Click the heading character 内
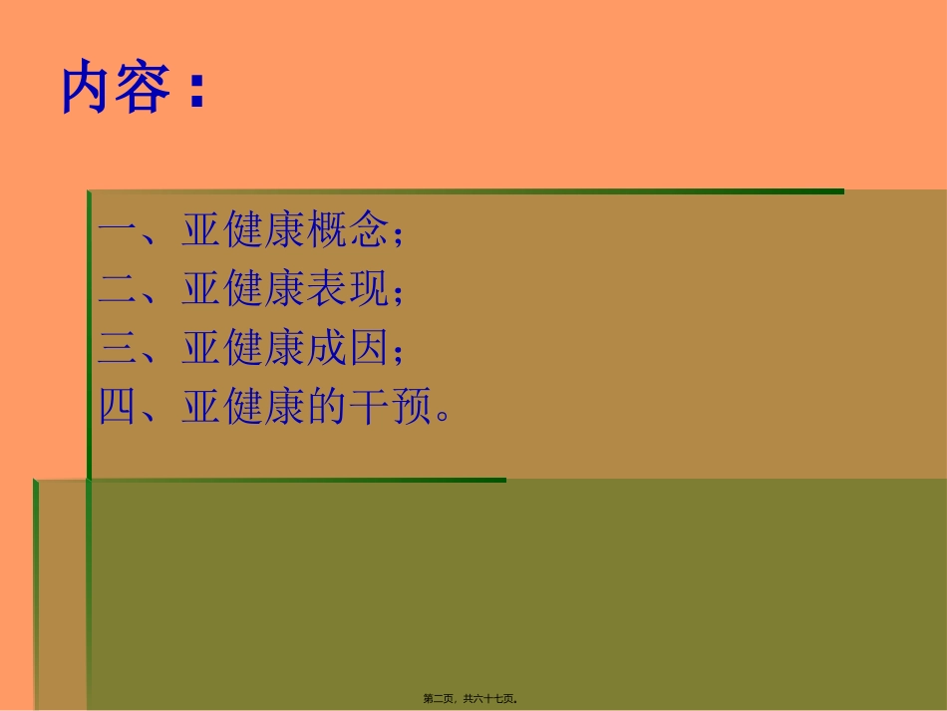click(86, 89)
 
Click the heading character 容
click(144, 89)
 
